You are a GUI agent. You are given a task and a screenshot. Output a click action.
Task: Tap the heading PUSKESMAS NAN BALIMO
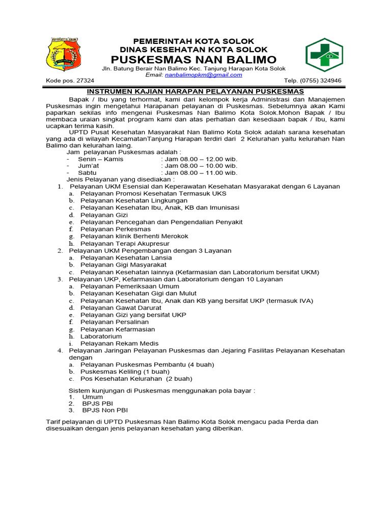click(x=193, y=59)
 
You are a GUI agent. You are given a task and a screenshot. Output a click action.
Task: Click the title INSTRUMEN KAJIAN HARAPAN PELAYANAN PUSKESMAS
click(x=194, y=91)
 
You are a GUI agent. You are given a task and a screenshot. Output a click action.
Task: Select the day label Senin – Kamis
click(x=100, y=159)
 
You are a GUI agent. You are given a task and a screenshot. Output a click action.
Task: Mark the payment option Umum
click(x=92, y=397)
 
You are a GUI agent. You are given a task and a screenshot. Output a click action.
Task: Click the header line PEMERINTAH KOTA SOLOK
click(x=193, y=41)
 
